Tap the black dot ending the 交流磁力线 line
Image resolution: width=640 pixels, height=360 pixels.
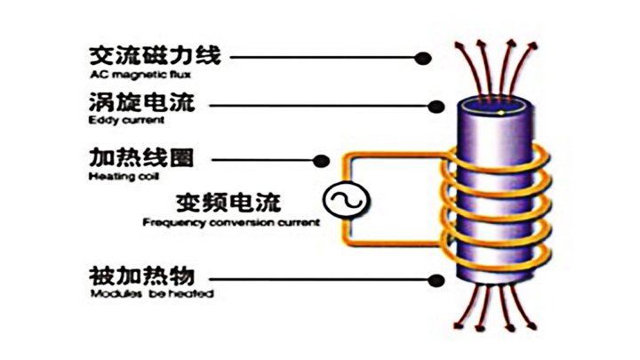(x=426, y=58)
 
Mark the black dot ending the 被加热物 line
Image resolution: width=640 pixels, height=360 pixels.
(x=436, y=279)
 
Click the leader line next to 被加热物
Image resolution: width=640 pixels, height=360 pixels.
(x=329, y=279)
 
